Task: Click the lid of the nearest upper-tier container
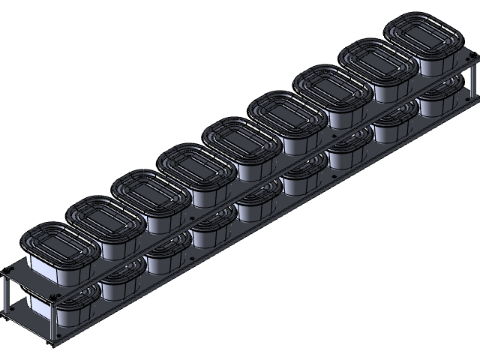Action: coord(59,244)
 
